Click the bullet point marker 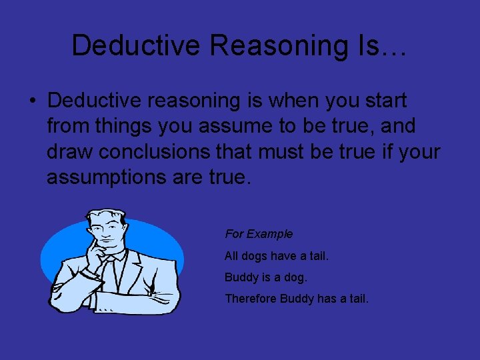[x=31, y=101]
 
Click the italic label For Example [x=259, y=234]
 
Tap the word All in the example [x=231, y=255]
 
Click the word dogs [x=255, y=255]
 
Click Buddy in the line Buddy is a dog [x=241, y=277]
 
